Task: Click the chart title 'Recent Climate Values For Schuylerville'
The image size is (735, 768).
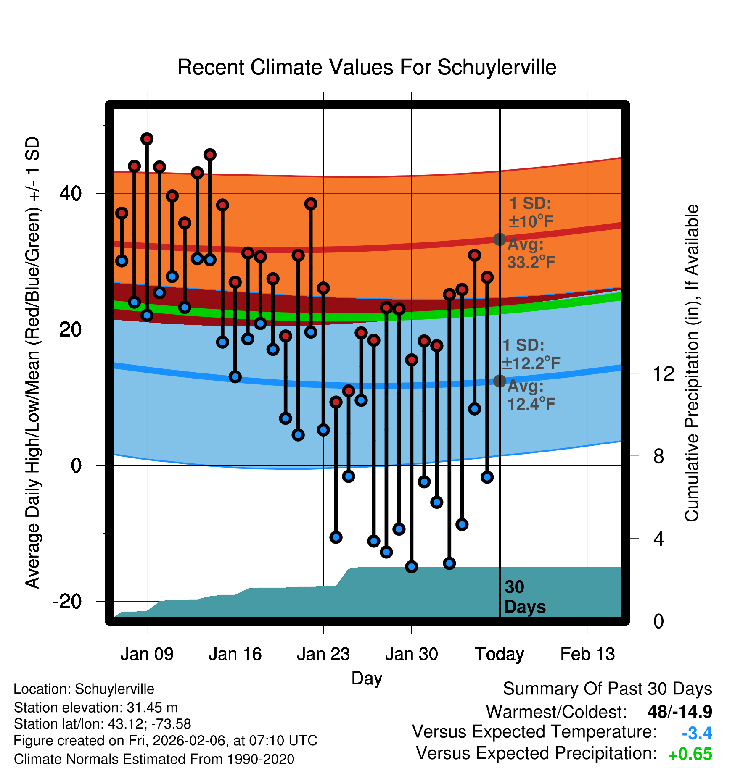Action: pyautogui.click(x=367, y=67)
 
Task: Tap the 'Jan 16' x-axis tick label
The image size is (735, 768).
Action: pyautogui.click(x=235, y=654)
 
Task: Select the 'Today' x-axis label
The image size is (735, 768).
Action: pyautogui.click(x=500, y=654)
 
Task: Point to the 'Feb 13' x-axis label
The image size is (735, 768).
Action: pyautogui.click(x=587, y=654)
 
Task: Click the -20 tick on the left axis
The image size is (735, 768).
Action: pyautogui.click(x=67, y=601)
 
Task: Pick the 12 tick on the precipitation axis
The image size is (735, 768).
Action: pyautogui.click(x=663, y=373)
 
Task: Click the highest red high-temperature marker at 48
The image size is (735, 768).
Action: pyautogui.click(x=147, y=139)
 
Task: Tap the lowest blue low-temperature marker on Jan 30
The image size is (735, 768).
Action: pyautogui.click(x=412, y=567)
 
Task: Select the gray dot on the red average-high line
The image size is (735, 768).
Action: pyautogui.click(x=500, y=239)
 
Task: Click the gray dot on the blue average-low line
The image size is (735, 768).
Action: pyautogui.click(x=500, y=381)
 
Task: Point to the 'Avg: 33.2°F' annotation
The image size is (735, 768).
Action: pyautogui.click(x=531, y=253)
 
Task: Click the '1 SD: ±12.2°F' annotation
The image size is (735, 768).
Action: pyautogui.click(x=531, y=354)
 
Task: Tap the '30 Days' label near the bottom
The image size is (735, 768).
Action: pyautogui.click(x=524, y=597)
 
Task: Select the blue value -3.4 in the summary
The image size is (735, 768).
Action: pyautogui.click(x=697, y=733)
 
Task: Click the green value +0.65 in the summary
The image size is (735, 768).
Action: pyautogui.click(x=690, y=754)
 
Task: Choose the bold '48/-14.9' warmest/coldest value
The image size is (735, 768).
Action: pyautogui.click(x=679, y=712)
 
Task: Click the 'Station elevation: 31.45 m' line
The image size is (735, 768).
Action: pyautogui.click(x=95, y=708)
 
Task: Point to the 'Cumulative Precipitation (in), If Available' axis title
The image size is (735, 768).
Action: pyautogui.click(x=692, y=363)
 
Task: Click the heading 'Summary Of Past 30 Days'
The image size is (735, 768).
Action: pyautogui.click(x=607, y=689)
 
